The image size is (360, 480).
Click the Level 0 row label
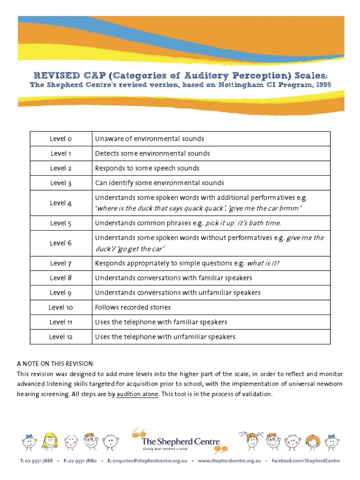tap(61, 139)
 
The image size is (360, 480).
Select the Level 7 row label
tap(61, 263)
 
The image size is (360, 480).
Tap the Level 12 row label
tap(61, 337)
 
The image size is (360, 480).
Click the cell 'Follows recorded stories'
tap(133, 307)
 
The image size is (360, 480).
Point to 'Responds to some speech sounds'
tap(147, 168)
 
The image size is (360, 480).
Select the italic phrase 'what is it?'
tap(263, 263)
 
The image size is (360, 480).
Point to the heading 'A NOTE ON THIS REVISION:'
tap(55, 364)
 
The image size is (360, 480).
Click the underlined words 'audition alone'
tap(137, 394)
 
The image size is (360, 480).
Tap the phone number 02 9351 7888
tap(39, 461)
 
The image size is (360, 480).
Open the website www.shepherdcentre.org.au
tap(229, 461)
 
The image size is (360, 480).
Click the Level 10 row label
tap(61, 307)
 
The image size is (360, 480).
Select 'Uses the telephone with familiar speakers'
tap(161, 322)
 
